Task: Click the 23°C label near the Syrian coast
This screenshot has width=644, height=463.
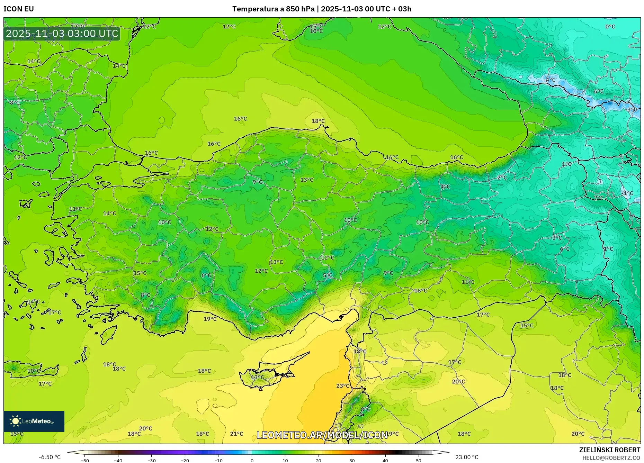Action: [x=343, y=386]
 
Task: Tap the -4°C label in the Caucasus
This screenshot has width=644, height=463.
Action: [x=549, y=80]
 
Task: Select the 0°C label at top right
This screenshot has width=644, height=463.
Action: [x=610, y=27]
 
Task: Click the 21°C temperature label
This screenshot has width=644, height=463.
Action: [x=237, y=434]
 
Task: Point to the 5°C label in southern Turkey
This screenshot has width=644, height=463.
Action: [x=328, y=275]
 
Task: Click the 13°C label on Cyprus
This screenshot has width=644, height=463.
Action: [x=257, y=377]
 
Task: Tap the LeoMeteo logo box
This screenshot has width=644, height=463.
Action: [x=34, y=421]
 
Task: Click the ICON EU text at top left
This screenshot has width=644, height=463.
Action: [x=19, y=9]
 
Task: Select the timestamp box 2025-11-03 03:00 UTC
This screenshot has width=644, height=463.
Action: [x=62, y=34]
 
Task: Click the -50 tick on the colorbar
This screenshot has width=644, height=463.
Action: [x=85, y=460]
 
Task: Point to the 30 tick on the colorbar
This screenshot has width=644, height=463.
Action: [x=352, y=460]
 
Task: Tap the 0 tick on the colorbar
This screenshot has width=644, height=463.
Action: [x=252, y=460]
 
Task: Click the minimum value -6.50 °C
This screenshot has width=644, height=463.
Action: [x=50, y=457]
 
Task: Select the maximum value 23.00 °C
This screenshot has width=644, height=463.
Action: [x=467, y=457]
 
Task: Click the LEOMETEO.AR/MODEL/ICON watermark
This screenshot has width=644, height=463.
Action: [x=322, y=435]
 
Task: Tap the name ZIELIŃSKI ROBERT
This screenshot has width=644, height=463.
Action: [x=609, y=450]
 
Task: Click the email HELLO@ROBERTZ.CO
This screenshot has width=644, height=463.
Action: [x=611, y=458]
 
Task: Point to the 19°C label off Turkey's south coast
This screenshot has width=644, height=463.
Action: [x=210, y=319]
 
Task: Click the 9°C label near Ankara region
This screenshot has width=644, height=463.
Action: [x=257, y=182]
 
